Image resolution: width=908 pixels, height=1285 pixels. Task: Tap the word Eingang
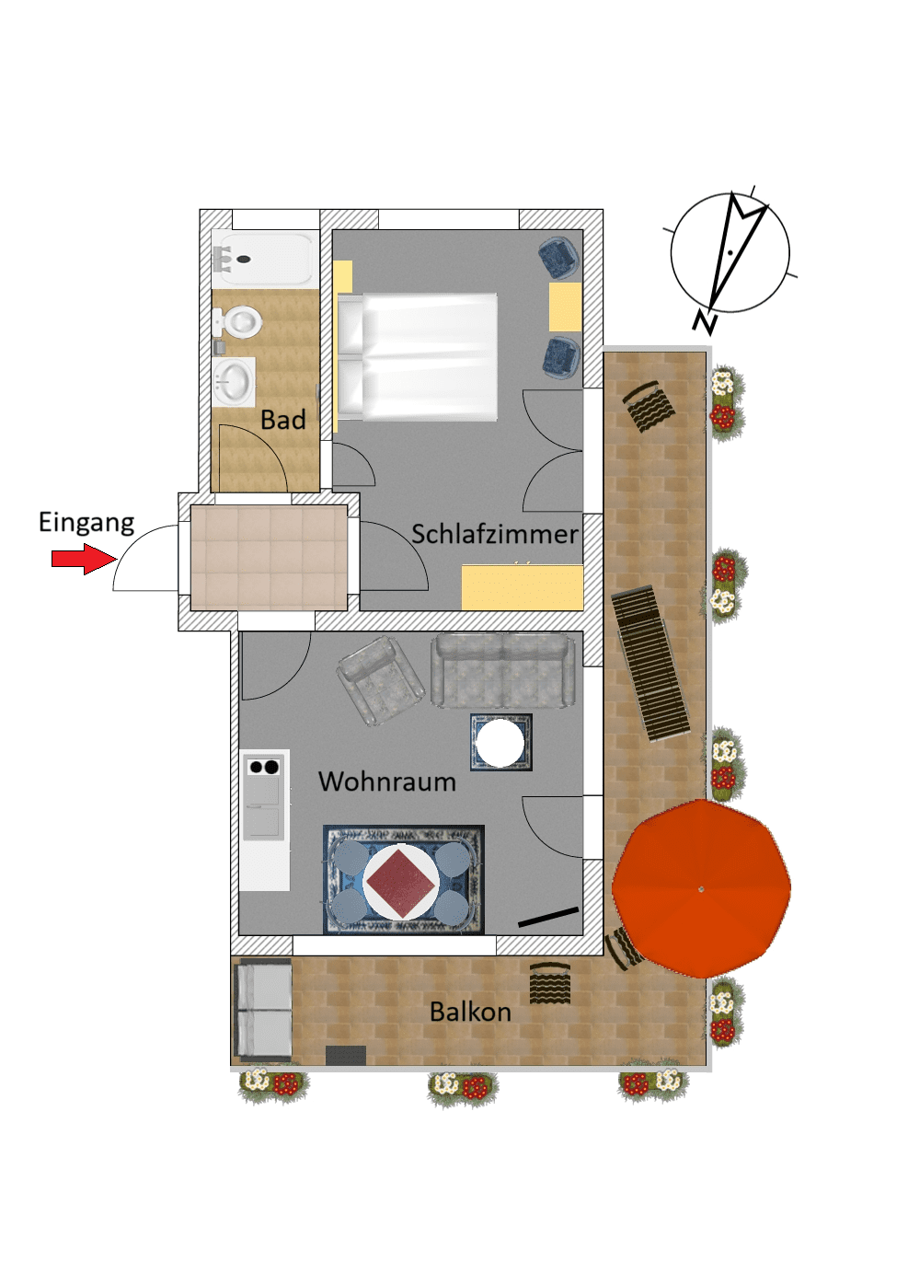86,523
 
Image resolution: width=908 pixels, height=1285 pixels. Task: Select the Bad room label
282,421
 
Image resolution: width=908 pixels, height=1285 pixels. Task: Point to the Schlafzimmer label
494,534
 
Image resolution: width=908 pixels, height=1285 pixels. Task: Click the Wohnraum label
386,781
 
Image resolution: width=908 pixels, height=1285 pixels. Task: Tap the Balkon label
470,1012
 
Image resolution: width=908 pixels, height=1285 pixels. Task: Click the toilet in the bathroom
241,322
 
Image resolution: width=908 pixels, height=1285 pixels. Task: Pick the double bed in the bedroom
419,356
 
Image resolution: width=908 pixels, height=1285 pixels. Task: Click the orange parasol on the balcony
701,888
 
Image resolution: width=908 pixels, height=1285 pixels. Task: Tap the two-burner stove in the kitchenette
264,767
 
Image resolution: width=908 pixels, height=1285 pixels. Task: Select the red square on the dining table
401,881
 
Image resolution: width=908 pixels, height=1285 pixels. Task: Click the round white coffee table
500,743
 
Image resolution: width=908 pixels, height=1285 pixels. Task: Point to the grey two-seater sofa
503,670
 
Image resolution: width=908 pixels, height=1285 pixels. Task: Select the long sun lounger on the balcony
651,662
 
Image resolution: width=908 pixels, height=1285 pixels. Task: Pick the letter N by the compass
706,322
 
